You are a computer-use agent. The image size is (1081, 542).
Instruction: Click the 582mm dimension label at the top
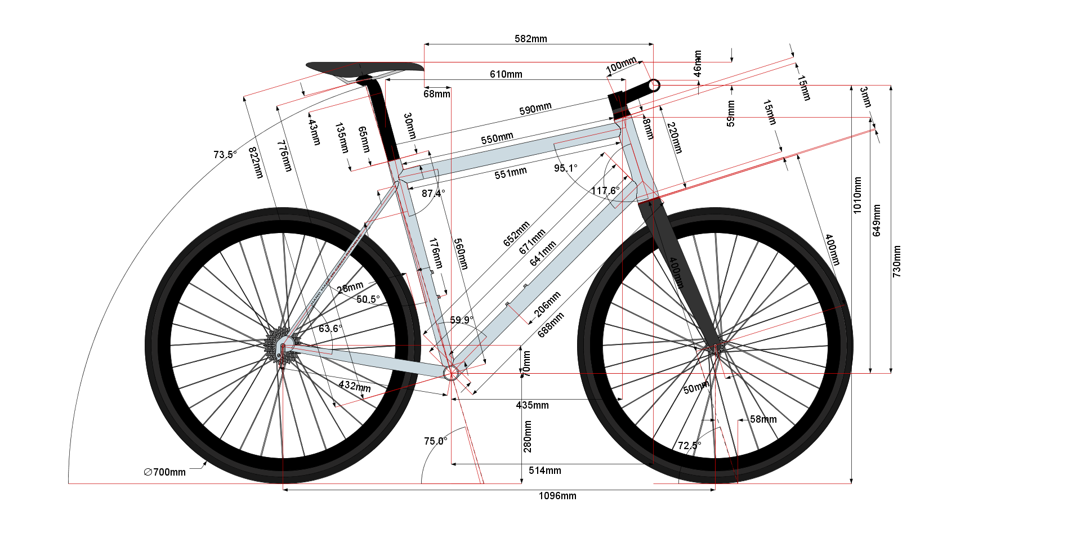click(x=530, y=39)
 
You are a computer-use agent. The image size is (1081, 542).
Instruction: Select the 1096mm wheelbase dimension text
click(x=557, y=496)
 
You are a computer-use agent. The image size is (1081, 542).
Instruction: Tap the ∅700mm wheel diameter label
click(x=164, y=472)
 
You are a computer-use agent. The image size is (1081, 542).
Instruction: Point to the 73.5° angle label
click(x=225, y=154)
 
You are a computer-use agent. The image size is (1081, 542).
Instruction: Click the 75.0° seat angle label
click(x=435, y=441)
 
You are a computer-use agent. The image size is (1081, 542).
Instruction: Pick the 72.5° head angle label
click(x=689, y=446)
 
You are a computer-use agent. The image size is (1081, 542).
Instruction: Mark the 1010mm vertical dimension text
click(x=857, y=195)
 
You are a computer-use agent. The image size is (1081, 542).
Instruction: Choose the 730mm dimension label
click(x=896, y=261)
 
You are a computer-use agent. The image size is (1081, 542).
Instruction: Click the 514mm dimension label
click(x=544, y=471)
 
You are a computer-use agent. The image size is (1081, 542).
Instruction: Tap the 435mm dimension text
click(x=532, y=405)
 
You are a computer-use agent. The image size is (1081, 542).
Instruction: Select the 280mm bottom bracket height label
click(x=528, y=437)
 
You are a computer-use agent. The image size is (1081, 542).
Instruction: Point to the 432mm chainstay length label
click(x=355, y=386)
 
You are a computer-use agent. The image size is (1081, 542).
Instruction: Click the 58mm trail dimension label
click(x=763, y=419)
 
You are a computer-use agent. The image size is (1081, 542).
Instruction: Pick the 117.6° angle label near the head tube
click(x=605, y=191)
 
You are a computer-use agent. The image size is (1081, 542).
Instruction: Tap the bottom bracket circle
click(x=451, y=373)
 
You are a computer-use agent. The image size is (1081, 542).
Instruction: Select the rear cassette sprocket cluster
click(x=277, y=344)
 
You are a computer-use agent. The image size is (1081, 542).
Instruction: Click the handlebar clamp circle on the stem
click(x=654, y=86)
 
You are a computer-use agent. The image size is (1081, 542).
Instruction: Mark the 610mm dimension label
click(x=506, y=74)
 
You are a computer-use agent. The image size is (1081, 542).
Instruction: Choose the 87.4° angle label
click(x=433, y=194)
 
